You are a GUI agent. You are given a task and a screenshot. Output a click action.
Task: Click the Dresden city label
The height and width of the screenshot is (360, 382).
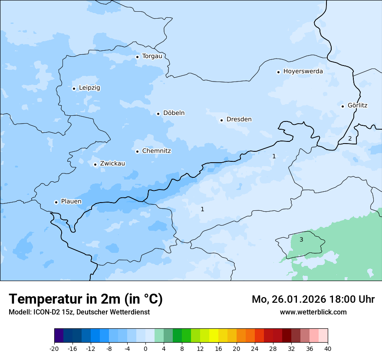pos(239,119)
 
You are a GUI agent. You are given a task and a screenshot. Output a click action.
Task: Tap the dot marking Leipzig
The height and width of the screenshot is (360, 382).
pos(74,88)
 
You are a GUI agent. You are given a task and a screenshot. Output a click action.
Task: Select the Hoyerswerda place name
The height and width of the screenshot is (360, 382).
pos(303,71)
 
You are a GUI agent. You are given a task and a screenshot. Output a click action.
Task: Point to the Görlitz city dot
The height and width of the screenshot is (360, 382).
pos(342,106)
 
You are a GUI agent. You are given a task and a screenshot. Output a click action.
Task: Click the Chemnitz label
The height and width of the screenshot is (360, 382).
pos(156,151)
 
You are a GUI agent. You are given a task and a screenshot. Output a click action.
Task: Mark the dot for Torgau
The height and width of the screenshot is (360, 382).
pos(137,57)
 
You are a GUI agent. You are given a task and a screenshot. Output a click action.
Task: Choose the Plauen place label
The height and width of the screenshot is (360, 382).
pos(71,201)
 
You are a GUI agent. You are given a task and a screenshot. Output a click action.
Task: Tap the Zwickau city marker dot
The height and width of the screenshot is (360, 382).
pos(95,164)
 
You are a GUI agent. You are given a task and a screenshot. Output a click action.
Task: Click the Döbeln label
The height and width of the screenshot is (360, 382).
pos(174,113)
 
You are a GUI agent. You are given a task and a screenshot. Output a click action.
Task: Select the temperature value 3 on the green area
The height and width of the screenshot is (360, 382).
pos(301,239)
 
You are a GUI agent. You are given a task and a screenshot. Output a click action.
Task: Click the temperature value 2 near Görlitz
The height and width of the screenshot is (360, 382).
pos(350,139)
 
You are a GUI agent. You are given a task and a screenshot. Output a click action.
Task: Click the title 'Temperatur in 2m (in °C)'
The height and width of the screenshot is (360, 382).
pos(86,299)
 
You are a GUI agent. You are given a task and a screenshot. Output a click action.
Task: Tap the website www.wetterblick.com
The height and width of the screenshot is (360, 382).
pos(313,312)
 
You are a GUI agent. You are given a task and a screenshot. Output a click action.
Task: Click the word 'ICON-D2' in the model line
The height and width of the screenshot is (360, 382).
pos(45,312)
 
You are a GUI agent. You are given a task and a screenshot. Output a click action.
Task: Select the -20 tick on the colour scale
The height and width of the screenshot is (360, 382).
pos(54,348)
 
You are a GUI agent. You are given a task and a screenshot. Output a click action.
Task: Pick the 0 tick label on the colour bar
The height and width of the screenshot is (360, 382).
pos(145,348)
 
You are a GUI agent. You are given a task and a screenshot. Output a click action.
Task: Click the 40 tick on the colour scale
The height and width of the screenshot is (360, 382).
pos(328,348)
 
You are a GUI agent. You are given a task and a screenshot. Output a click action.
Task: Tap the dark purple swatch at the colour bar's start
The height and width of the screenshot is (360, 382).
pos(59,336)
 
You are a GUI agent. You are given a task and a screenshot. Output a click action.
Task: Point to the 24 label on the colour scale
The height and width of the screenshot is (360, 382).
pos(255,348)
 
